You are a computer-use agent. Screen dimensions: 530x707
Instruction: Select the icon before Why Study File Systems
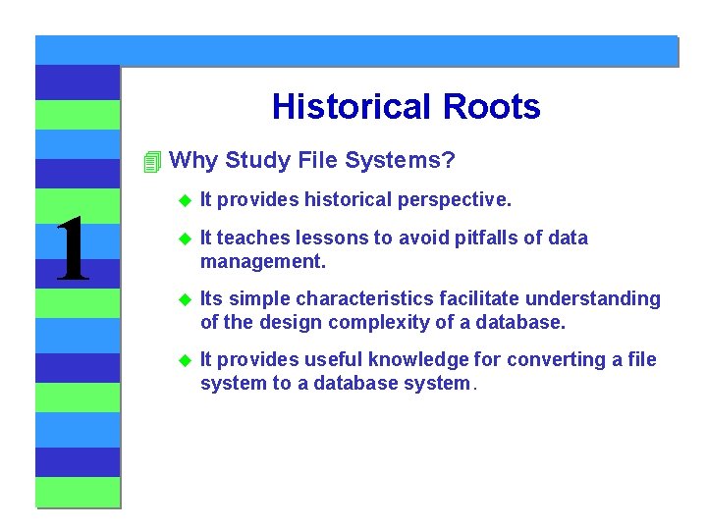[x=150, y=161]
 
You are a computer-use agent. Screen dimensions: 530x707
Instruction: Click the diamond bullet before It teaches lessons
[x=183, y=238]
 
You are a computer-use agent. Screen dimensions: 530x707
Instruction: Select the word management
[x=262, y=262]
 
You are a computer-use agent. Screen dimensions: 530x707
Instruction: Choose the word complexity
[x=381, y=322]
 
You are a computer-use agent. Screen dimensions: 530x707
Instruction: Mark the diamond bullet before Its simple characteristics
[x=183, y=299]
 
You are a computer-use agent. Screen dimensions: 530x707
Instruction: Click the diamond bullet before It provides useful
[x=183, y=360]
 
